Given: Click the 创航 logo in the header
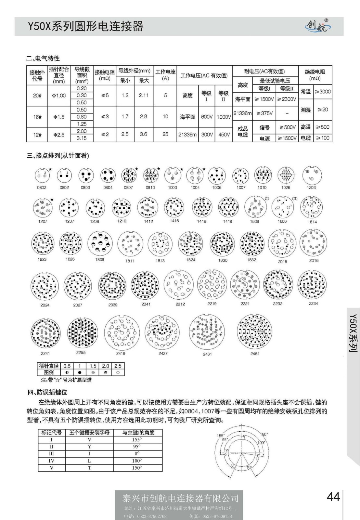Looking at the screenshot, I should [318, 26].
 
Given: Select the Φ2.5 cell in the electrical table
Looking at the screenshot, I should [59, 135].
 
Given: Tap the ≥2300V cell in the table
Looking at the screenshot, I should [287, 99].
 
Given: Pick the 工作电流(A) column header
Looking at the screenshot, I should [165, 75].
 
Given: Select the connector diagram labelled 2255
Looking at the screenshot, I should [81, 333].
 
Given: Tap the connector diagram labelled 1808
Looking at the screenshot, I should [100, 243].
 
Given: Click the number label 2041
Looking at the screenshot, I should [146, 304].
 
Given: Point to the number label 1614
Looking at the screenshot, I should [312, 222].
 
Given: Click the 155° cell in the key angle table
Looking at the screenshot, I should [137, 439].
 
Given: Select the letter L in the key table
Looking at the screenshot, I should [89, 461].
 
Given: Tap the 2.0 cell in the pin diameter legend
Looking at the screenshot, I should [106, 366].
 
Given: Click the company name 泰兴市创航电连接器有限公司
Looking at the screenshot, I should [180, 498].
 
